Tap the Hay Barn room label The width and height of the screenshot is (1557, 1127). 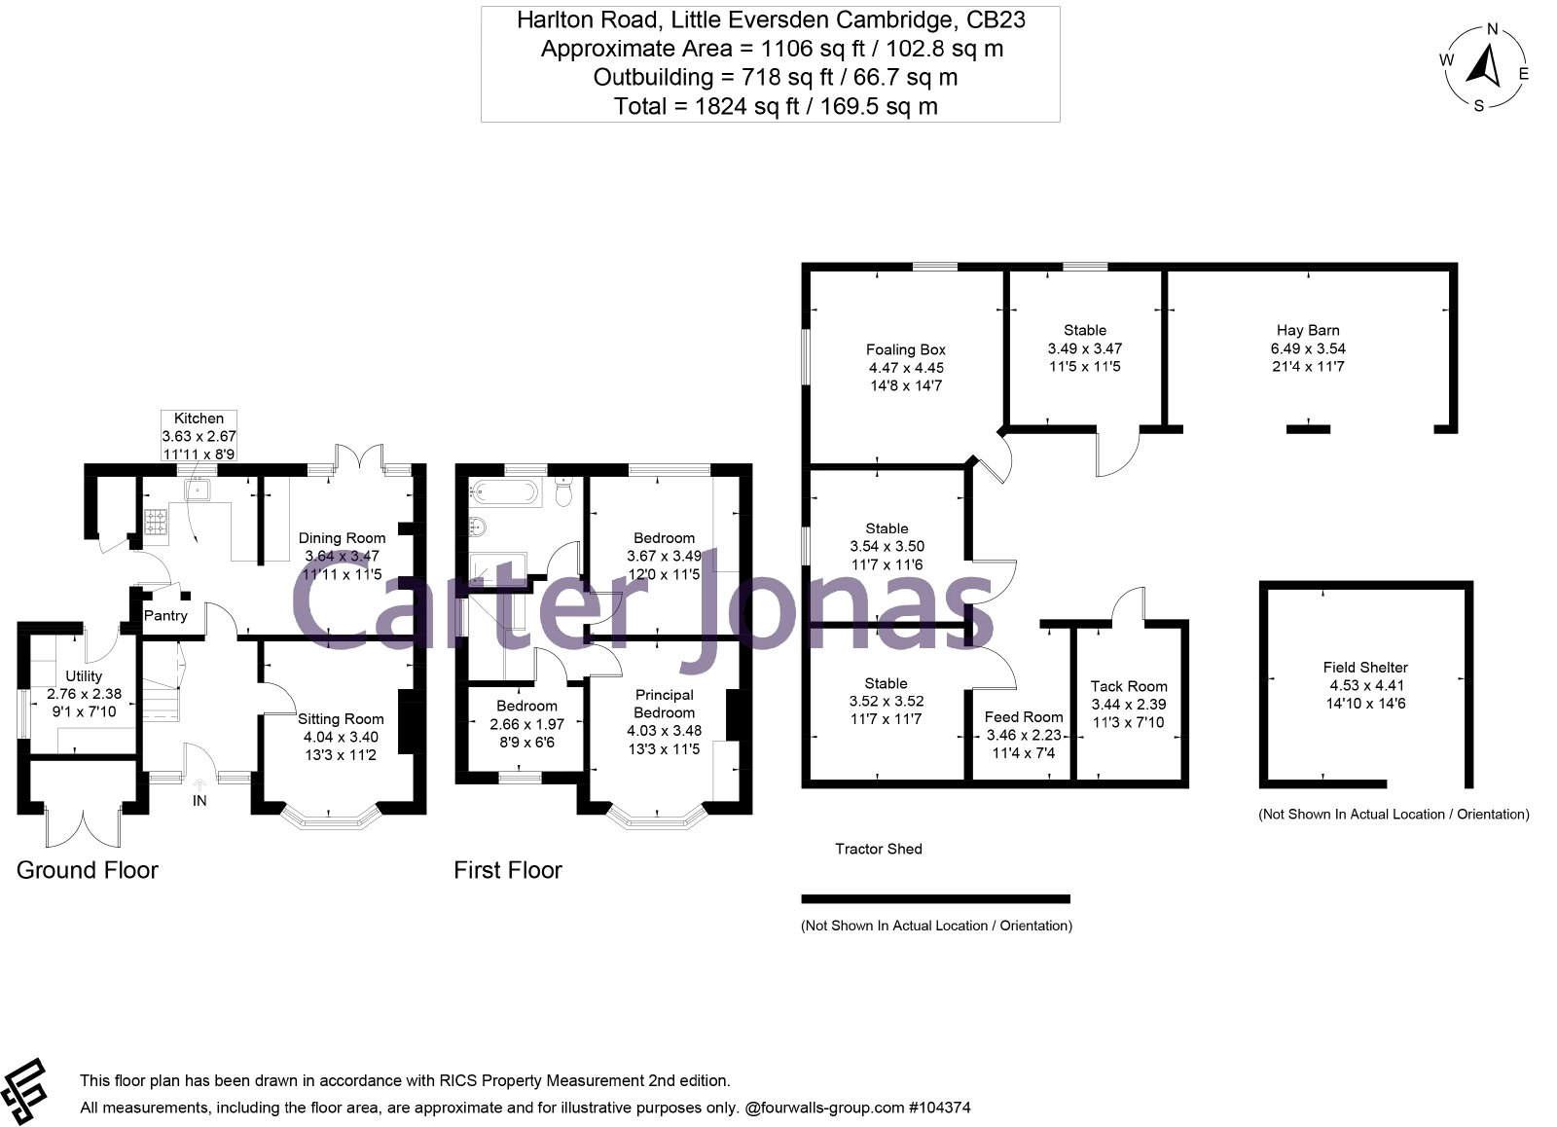pyautogui.click(x=1308, y=330)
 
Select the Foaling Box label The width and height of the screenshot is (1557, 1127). pyautogui.click(x=906, y=349)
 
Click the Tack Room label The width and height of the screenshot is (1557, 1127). pyautogui.click(x=1129, y=686)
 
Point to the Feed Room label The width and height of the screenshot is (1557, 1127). pyautogui.click(x=1024, y=717)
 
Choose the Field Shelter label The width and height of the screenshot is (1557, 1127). pyautogui.click(x=1365, y=668)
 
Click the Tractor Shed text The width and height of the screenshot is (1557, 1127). pyautogui.click(x=879, y=849)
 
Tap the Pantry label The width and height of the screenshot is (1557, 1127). pyautogui.click(x=165, y=616)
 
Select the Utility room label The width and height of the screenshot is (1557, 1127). pyautogui.click(x=84, y=676)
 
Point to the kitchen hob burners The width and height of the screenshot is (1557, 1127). pyautogui.click(x=155, y=522)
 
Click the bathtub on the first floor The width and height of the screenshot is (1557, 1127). pyautogui.click(x=505, y=492)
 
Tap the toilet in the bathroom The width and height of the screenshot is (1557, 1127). pyautogui.click(x=564, y=491)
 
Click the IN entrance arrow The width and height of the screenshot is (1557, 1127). pyautogui.click(x=199, y=784)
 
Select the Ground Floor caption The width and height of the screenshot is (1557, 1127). pyautogui.click(x=87, y=870)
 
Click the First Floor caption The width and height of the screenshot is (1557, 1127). pyautogui.click(x=508, y=870)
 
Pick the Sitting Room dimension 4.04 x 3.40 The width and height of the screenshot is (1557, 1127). pyautogui.click(x=341, y=737)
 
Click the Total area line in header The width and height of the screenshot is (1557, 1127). pyautogui.click(x=776, y=106)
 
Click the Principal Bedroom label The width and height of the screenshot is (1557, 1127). pyautogui.click(x=664, y=704)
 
